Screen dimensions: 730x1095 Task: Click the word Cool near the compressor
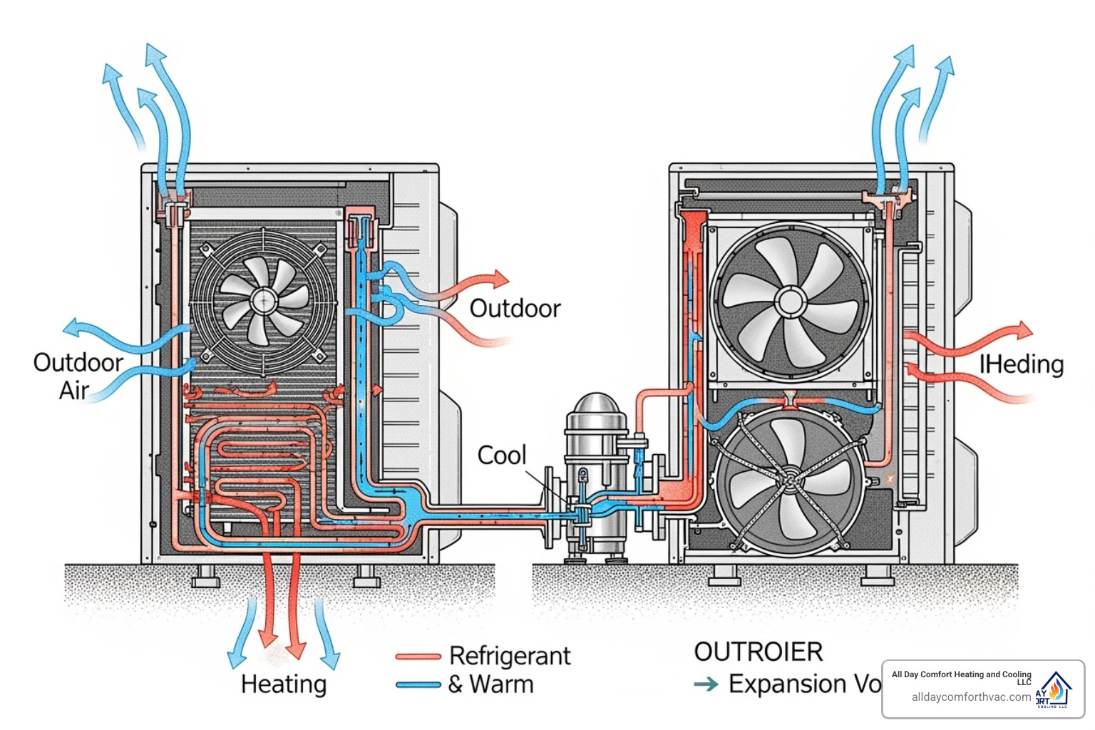(501, 455)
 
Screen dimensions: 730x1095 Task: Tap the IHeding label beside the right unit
(1021, 364)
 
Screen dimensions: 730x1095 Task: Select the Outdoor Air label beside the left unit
(77, 376)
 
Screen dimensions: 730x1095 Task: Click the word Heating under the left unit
(284, 684)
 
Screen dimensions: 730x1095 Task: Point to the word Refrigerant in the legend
(510, 655)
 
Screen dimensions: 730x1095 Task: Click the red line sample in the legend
(418, 657)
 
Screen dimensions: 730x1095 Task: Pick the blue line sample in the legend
(418, 685)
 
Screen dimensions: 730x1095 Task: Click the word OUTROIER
(759, 652)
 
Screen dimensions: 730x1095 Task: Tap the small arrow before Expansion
(706, 684)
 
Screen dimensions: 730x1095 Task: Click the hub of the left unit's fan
(264, 299)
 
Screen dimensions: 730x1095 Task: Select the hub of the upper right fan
(790, 302)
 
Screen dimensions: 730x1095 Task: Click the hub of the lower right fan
(791, 480)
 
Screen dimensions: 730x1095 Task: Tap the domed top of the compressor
(597, 406)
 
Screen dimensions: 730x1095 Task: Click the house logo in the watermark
(1054, 689)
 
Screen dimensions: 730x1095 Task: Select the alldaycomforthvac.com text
(971, 697)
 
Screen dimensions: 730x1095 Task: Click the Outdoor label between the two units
(515, 309)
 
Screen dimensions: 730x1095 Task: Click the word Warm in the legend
(501, 684)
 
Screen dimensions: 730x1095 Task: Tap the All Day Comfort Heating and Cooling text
(961, 674)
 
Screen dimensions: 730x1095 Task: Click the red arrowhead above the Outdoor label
(501, 278)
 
